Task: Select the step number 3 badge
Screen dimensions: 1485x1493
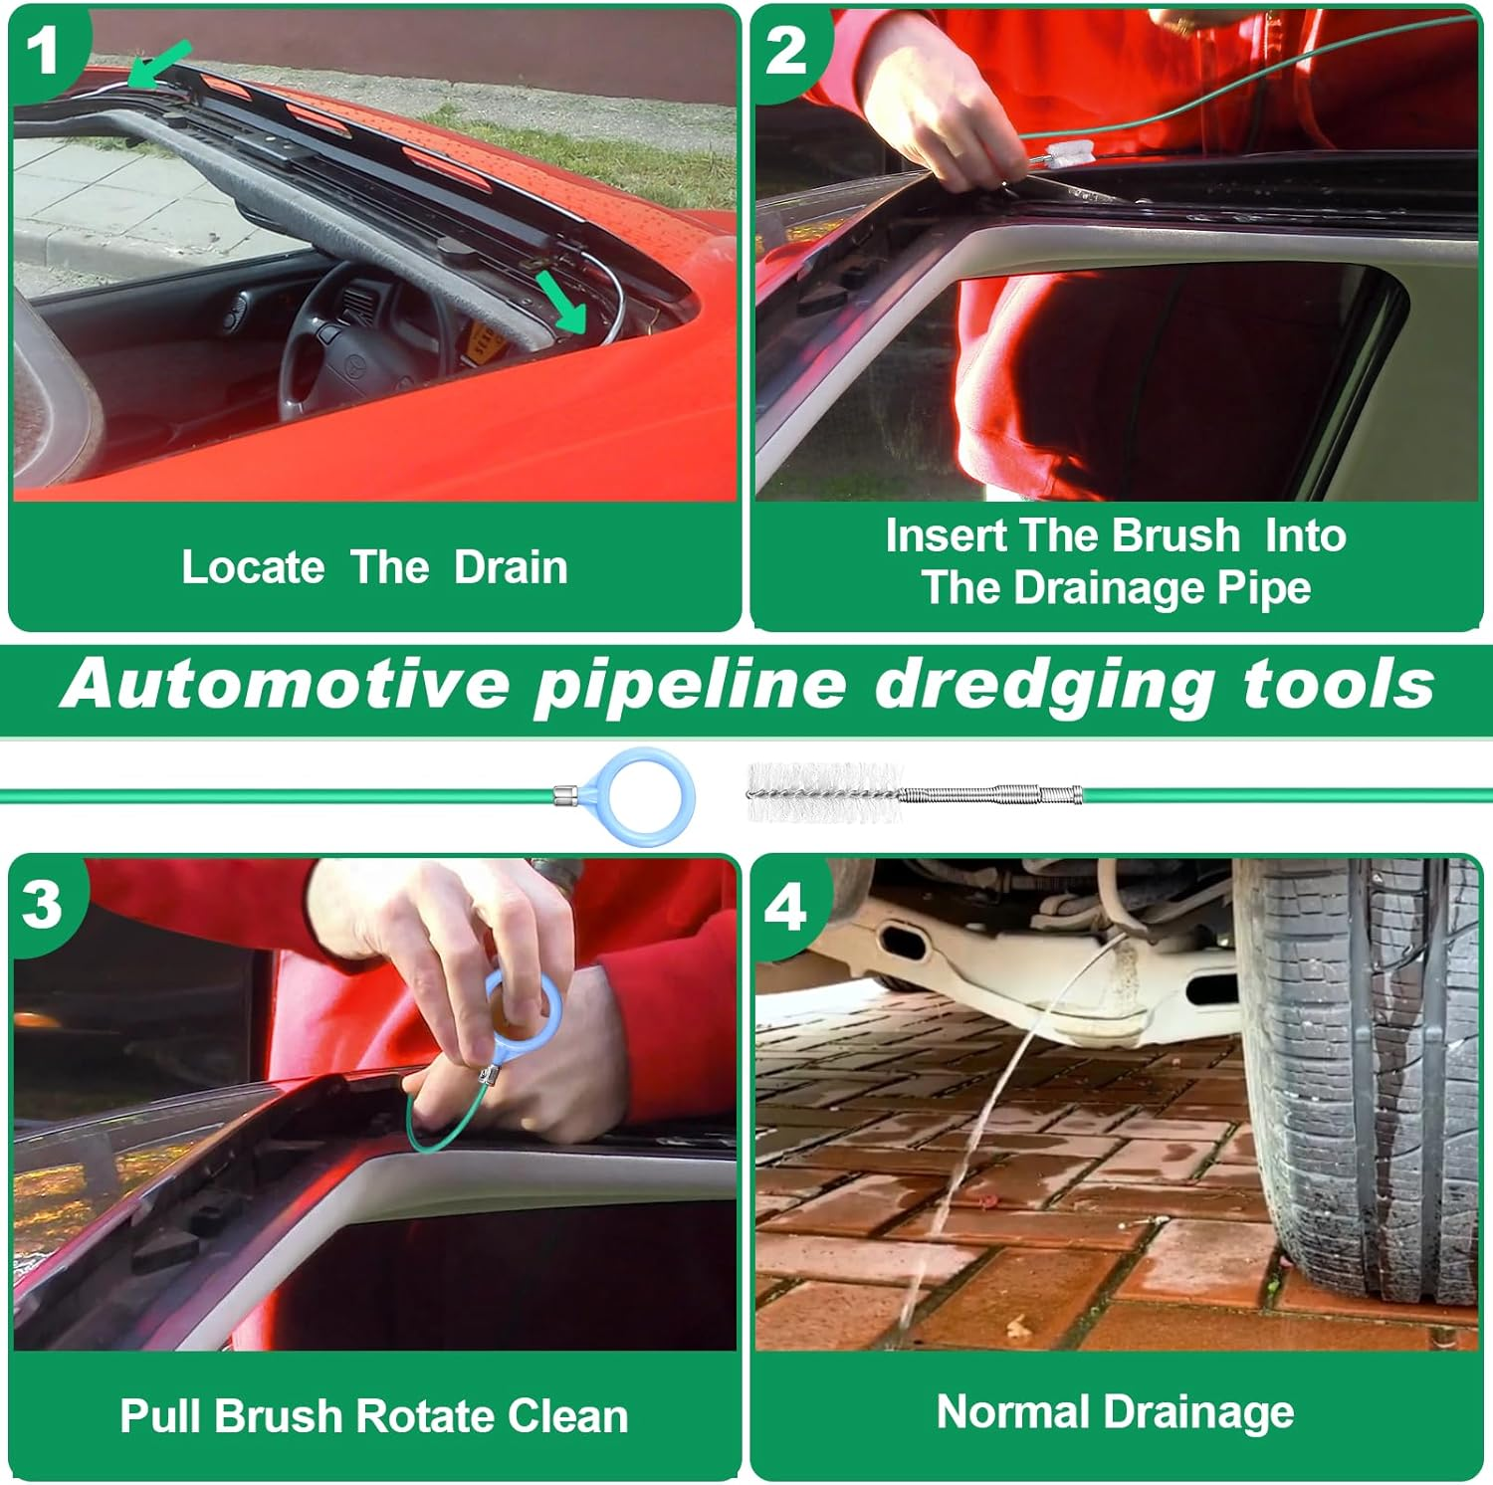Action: click(43, 904)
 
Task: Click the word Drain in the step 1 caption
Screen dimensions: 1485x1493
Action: click(511, 567)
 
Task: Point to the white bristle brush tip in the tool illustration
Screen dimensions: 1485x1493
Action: click(824, 792)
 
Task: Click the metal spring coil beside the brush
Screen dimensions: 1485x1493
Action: click(990, 795)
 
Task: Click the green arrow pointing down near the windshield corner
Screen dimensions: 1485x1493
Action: click(561, 302)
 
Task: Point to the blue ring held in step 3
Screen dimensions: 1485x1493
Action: click(525, 1008)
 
